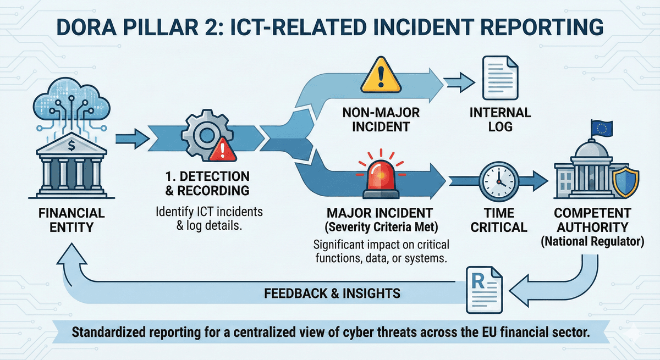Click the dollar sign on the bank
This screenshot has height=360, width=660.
point(73,146)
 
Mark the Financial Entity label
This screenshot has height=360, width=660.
point(71,220)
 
